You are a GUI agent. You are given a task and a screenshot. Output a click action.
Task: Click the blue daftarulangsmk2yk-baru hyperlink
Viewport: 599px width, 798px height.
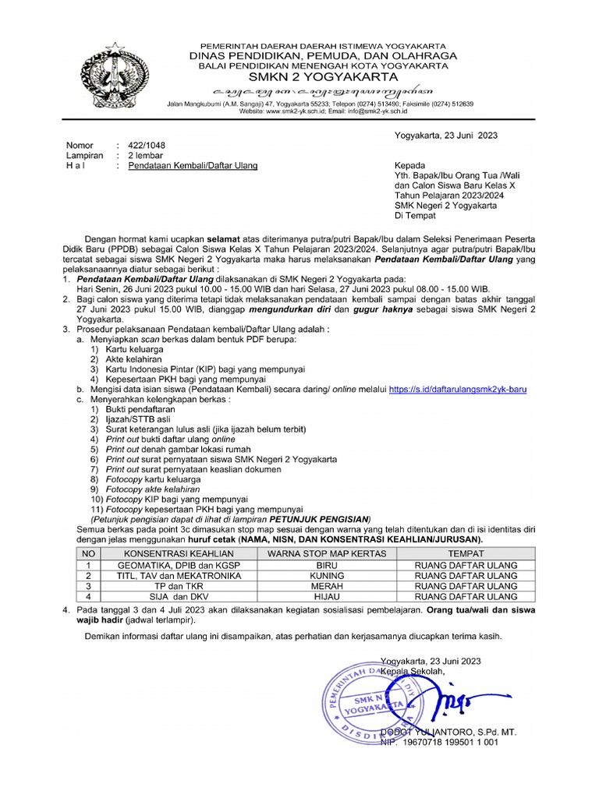pyautogui.click(x=458, y=387)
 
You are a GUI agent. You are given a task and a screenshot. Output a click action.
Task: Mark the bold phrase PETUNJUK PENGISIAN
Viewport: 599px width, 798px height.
pyautogui.click(x=319, y=520)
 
